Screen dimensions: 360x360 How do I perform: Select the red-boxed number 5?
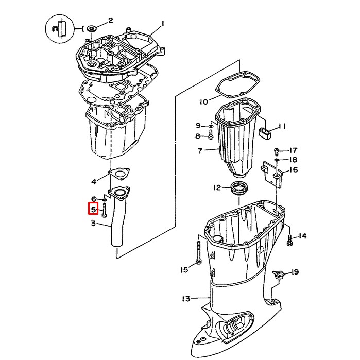(93, 210)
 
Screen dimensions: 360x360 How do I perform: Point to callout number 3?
(93, 223)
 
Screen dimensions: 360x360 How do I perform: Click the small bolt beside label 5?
(105, 211)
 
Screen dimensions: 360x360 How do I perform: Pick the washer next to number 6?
(105, 200)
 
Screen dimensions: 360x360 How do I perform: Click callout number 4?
(93, 181)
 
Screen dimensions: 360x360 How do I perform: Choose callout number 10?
(203, 101)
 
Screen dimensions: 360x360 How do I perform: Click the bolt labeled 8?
(210, 136)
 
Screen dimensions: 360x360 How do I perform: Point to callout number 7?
(200, 151)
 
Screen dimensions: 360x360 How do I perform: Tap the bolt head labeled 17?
(277, 150)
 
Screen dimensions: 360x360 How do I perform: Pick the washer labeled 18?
(277, 160)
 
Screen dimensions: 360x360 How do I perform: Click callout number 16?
(293, 170)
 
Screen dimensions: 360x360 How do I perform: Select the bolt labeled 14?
(289, 238)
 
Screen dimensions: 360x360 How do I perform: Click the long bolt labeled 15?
(199, 252)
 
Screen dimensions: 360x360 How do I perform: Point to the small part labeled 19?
(280, 273)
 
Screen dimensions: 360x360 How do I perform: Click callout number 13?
(186, 298)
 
